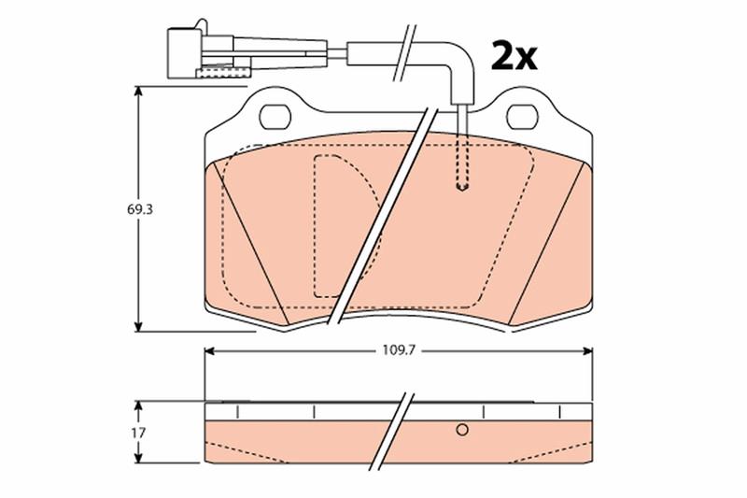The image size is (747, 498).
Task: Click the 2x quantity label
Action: [x=514, y=56]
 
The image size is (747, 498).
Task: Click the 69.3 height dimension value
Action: [x=139, y=209]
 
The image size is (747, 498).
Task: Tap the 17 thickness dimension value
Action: [x=139, y=434]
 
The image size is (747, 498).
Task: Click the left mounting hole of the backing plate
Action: [x=275, y=117]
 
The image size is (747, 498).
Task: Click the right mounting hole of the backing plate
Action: [x=522, y=117]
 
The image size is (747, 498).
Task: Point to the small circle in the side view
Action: [x=461, y=430]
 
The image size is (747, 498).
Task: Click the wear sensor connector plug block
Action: [x=184, y=53]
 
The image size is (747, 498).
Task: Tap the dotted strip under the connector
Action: [x=222, y=73]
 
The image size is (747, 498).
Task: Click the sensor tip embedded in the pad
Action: [x=461, y=186]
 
